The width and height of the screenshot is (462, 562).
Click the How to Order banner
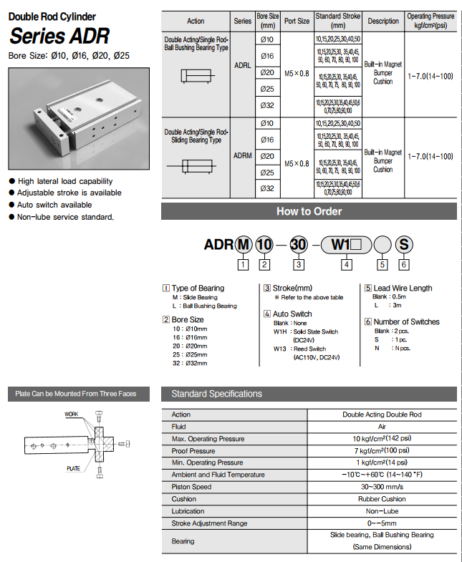(309, 211)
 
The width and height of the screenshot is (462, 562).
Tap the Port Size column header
(297, 21)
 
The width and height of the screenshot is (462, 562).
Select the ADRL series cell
(242, 64)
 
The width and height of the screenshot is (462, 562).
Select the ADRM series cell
(242, 155)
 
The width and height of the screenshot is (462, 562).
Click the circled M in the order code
(244, 244)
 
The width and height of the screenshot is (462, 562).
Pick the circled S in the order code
(404, 244)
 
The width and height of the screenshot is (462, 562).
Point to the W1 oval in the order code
(346, 244)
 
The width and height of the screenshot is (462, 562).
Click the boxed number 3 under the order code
(299, 265)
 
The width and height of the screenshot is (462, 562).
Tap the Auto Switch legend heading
(292, 314)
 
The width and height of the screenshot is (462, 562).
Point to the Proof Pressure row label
(193, 451)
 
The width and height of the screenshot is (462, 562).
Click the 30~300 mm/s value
(381, 488)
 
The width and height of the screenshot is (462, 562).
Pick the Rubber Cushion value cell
(381, 499)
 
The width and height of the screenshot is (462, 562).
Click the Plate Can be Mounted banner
(76, 394)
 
